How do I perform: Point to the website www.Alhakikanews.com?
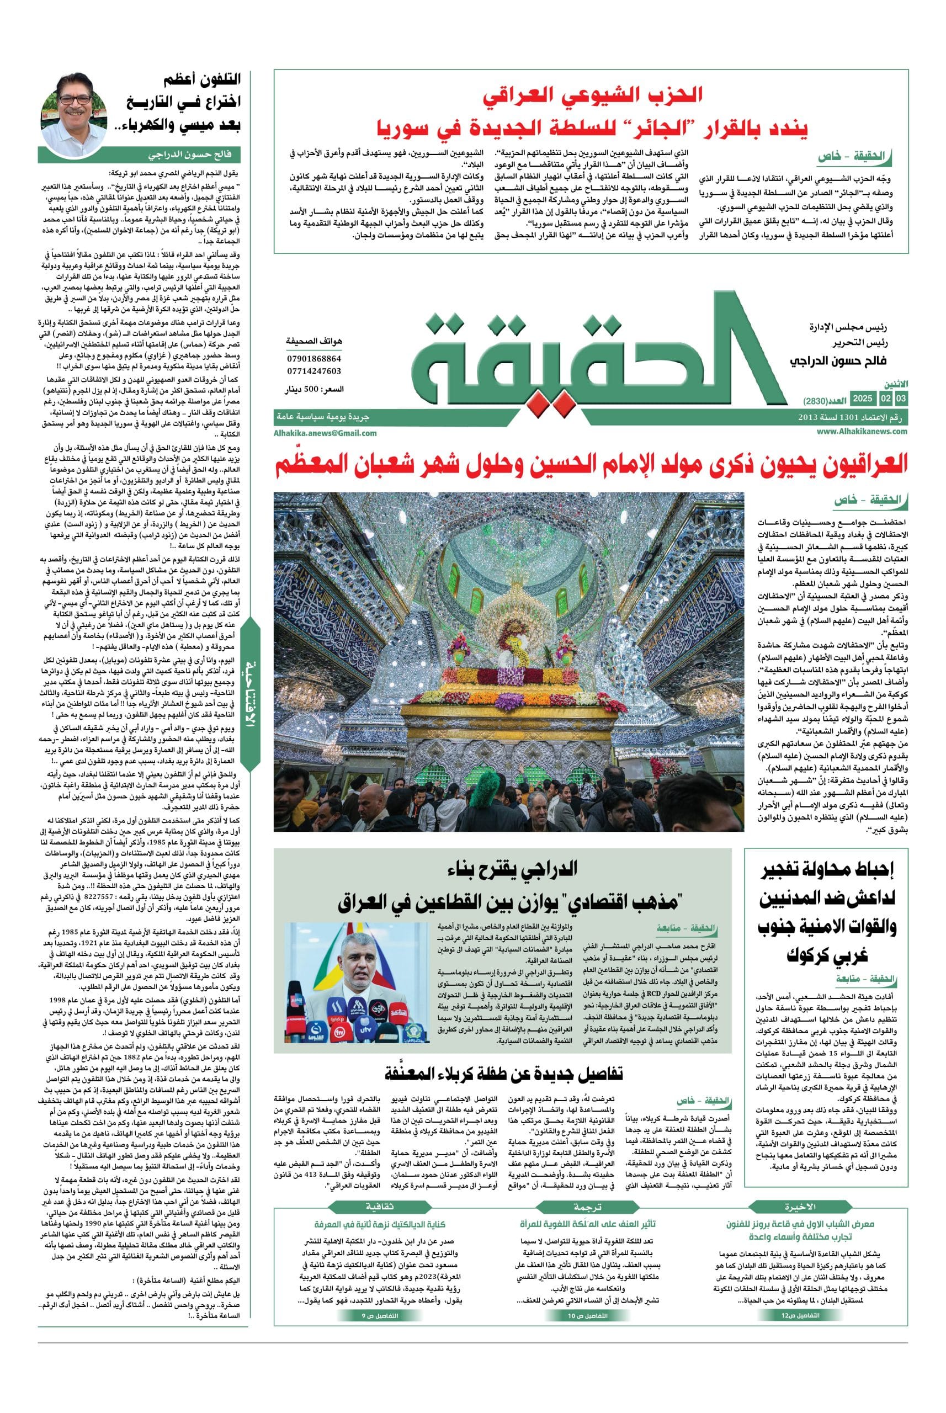click(862, 431)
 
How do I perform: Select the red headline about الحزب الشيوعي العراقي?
click(592, 111)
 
